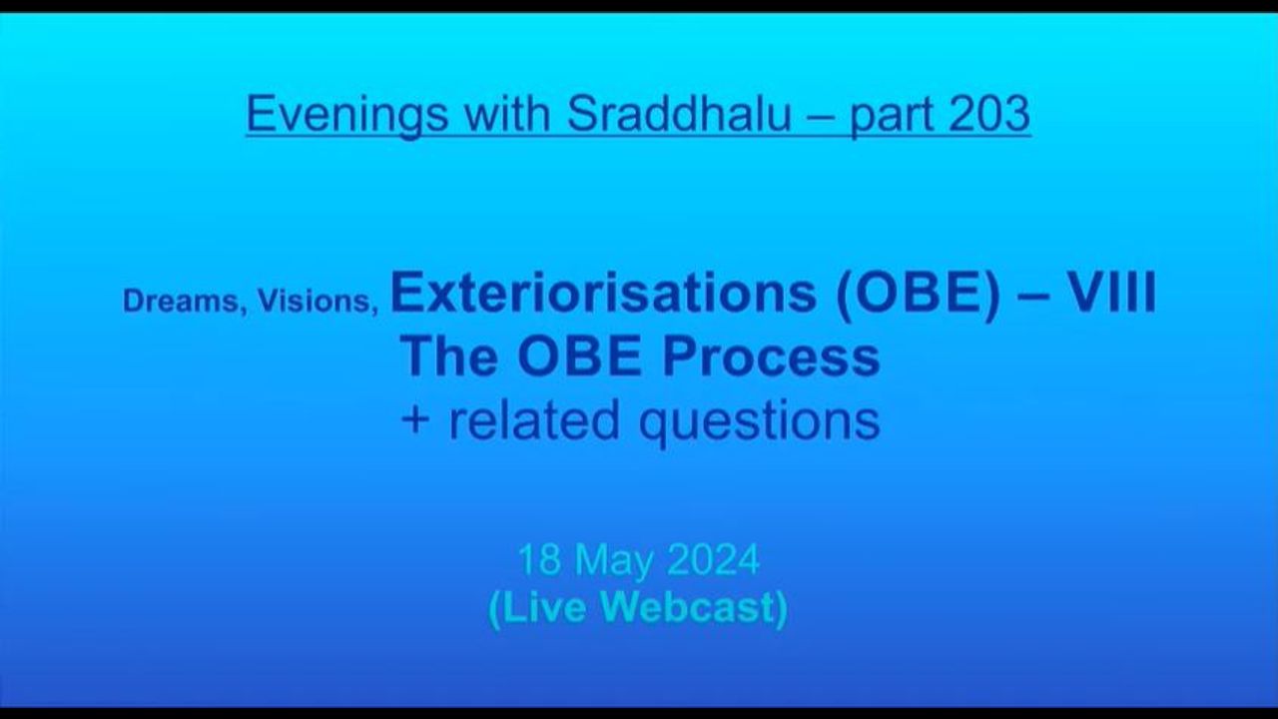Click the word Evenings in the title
point(346,115)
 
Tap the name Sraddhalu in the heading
point(679,114)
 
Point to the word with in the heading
point(507,114)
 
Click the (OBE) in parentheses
point(918,294)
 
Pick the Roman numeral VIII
point(1111,293)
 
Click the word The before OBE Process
point(448,356)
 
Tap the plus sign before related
point(415,421)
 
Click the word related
point(534,419)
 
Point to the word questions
point(760,422)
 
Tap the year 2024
point(713,560)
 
